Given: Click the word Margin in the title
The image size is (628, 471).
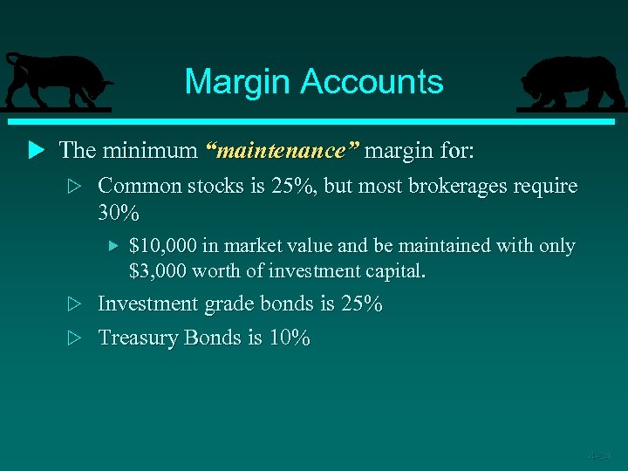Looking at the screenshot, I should tap(238, 83).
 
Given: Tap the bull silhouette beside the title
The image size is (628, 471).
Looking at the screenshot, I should tap(57, 82).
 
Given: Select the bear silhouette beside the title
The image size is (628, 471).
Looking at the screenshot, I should tap(571, 83).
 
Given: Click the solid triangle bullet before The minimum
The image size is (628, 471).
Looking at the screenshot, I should tap(36, 150).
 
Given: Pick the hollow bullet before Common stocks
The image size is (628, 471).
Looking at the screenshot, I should tap(75, 187).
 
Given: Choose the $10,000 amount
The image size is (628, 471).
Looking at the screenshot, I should tap(163, 246).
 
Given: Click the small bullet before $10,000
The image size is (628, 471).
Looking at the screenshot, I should tap(112, 247).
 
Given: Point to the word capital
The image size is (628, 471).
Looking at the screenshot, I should tap(394, 271).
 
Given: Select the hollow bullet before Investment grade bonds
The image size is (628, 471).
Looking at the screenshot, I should tap(75, 304).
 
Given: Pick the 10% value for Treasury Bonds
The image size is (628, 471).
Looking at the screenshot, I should tap(290, 338).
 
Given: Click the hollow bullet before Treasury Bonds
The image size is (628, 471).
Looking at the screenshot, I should tap(75, 338).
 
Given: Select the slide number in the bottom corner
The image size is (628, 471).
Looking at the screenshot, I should tap(599, 455).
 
